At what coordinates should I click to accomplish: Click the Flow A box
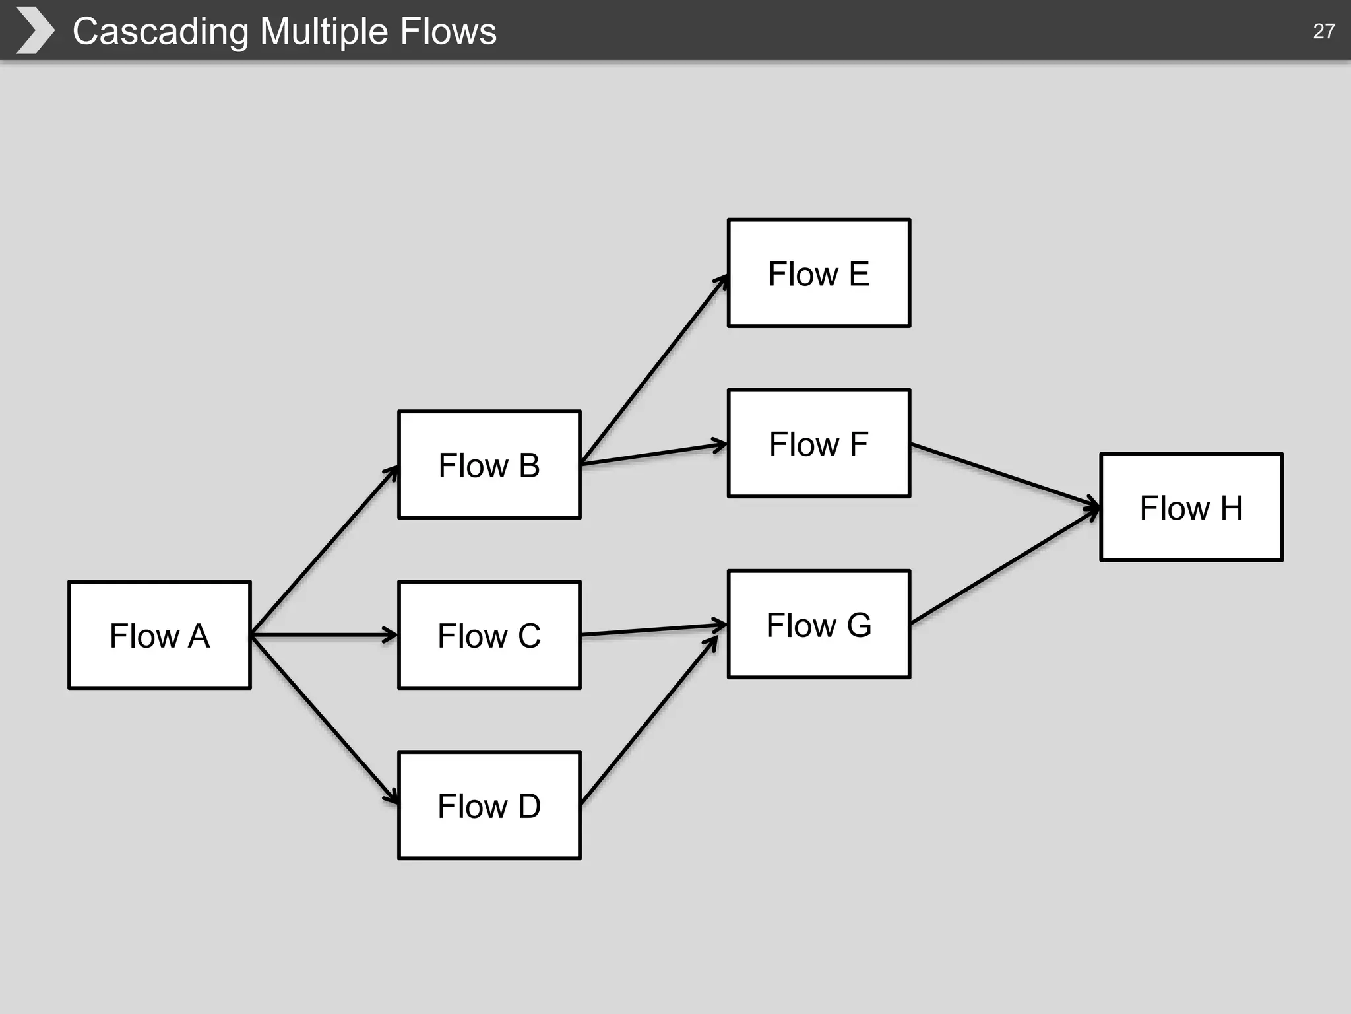(x=160, y=635)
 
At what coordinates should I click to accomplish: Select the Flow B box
(x=489, y=465)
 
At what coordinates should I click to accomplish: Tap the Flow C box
(x=489, y=635)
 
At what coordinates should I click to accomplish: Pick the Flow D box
(x=489, y=805)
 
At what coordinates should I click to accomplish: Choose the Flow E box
(x=819, y=273)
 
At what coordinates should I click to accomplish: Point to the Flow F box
(x=819, y=443)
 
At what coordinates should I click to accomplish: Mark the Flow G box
(x=819, y=625)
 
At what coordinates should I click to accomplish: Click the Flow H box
(x=1191, y=507)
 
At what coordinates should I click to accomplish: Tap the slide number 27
(x=1323, y=31)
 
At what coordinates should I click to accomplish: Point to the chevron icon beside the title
(x=34, y=30)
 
